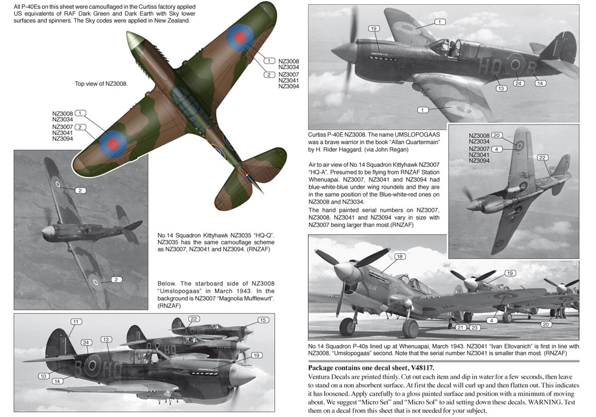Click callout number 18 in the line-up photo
pyautogui.click(x=399, y=256)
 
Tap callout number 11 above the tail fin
pyautogui.click(x=75, y=322)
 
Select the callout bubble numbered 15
pyautogui.click(x=262, y=320)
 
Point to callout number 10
pyautogui.click(x=43, y=376)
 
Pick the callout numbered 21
pyautogui.click(x=460, y=327)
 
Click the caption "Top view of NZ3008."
pyautogui.click(x=101, y=83)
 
